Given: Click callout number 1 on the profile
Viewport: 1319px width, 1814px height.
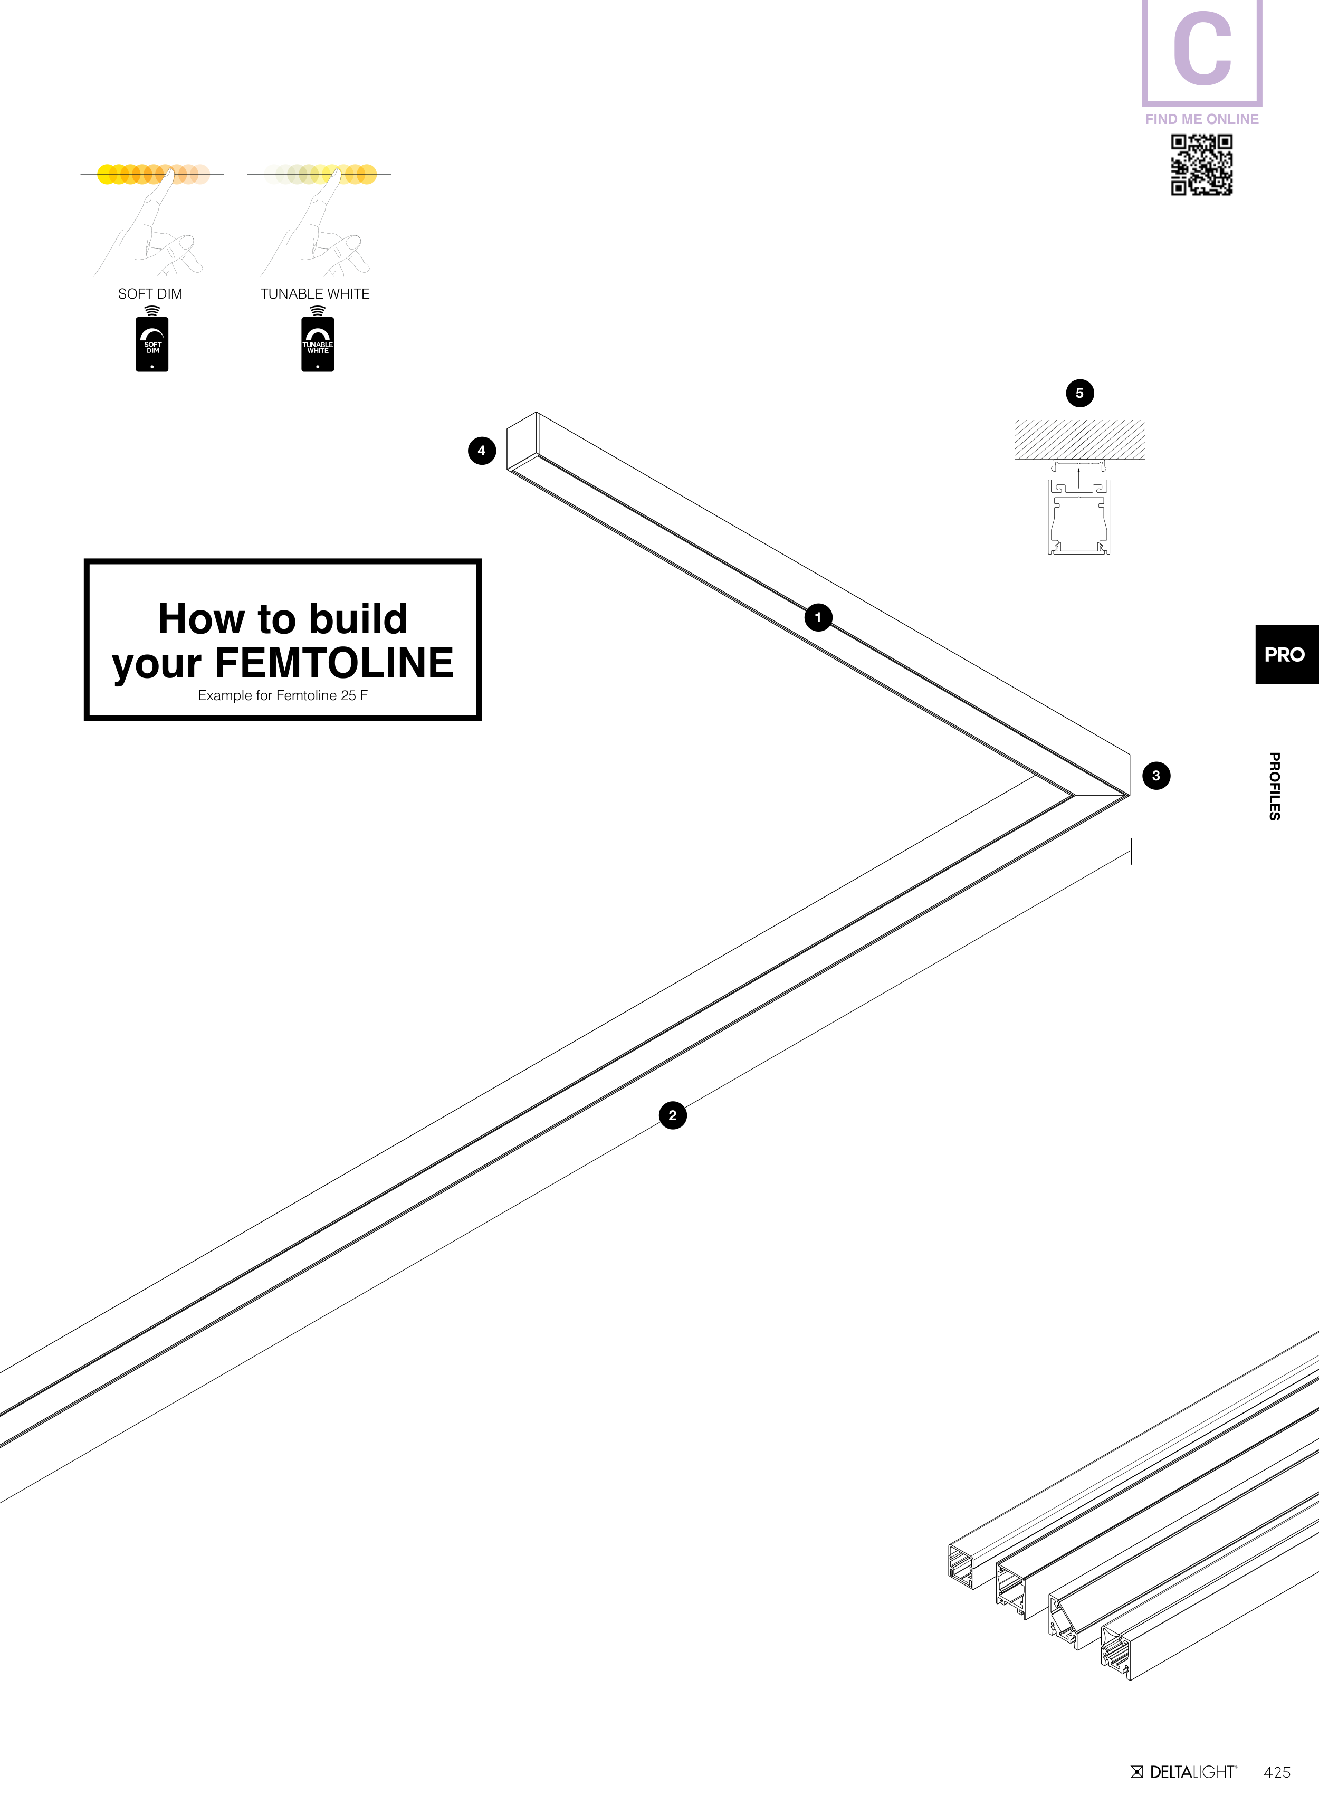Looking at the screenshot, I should tap(817, 617).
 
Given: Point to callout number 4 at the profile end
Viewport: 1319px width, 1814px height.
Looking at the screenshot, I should tap(482, 451).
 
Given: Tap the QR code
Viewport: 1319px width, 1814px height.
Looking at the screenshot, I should tap(1201, 165).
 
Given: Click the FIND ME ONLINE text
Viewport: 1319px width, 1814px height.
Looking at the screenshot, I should tap(1201, 119).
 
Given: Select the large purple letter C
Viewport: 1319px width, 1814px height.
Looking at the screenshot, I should tap(1201, 50).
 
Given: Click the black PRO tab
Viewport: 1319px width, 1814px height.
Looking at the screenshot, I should tap(1285, 654).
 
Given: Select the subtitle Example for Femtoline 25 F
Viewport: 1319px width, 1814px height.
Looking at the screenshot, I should tap(283, 696).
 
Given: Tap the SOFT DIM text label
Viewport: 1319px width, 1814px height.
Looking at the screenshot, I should tap(150, 294).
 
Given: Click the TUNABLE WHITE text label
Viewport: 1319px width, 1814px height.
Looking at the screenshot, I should tap(315, 294).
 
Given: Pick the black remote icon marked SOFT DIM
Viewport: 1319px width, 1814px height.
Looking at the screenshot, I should tap(152, 345).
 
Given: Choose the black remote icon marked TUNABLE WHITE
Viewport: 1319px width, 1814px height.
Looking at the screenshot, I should tap(318, 345).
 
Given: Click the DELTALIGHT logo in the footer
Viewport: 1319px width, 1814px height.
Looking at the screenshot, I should tap(1184, 1772).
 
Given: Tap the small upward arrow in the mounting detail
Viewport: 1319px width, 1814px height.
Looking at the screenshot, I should tap(1079, 476).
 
